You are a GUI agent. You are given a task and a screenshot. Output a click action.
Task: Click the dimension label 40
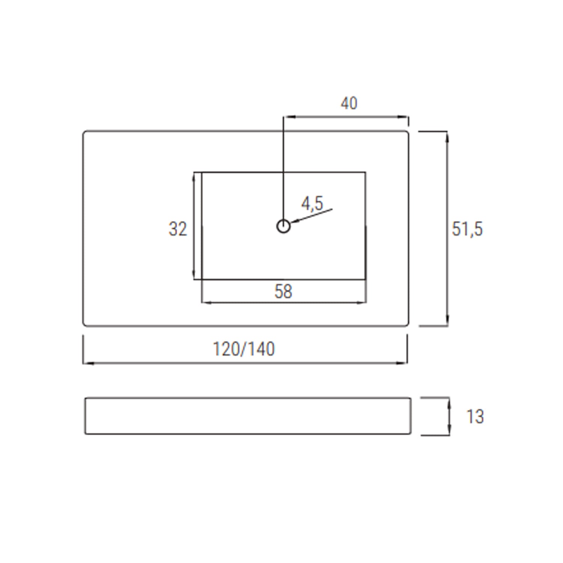[x=349, y=103]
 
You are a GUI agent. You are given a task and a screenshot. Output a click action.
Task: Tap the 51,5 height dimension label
[x=467, y=229]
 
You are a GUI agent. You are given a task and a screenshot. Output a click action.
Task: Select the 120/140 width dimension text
[x=244, y=349]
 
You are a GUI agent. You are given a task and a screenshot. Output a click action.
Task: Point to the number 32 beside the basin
[x=178, y=229]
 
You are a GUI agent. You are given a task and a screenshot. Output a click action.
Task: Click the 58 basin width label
[x=283, y=291]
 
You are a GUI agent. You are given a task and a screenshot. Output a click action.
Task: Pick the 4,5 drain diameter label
[x=312, y=203]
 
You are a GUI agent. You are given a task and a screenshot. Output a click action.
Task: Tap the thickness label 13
[x=475, y=417]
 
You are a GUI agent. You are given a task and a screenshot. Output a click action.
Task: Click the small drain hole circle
[x=283, y=226]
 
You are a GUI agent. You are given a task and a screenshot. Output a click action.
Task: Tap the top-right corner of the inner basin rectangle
[x=365, y=173]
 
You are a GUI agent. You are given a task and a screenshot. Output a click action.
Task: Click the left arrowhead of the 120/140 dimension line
[x=86, y=363]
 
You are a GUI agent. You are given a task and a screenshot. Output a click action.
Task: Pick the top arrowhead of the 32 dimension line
[x=194, y=176]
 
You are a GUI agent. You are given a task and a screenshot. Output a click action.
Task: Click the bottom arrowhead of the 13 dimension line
[x=449, y=432]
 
